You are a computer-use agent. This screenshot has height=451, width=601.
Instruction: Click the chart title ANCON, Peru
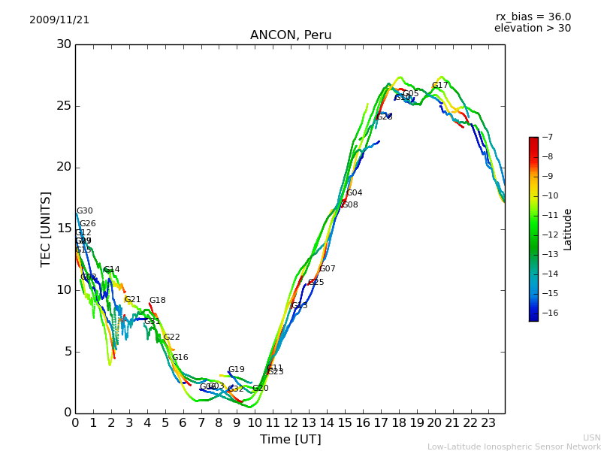(291, 35)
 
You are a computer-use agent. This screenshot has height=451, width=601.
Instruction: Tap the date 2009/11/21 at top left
(59, 20)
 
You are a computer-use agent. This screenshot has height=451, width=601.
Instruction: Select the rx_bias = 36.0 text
(533, 17)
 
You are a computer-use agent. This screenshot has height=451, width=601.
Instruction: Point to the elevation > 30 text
(532, 29)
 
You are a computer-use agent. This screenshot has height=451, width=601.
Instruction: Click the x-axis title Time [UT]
(290, 440)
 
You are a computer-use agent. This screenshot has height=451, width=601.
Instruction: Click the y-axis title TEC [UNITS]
(46, 229)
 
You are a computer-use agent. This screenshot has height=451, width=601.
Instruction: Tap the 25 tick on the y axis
(64, 106)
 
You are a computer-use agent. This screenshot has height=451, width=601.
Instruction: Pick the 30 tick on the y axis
(64, 44)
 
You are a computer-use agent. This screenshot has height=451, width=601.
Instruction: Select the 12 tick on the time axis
(291, 422)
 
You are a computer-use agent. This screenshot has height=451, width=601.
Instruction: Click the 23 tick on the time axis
(488, 422)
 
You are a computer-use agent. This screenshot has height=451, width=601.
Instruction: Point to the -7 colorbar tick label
(546, 138)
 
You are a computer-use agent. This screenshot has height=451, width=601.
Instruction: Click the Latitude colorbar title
(568, 229)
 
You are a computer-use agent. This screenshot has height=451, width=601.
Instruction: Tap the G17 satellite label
(439, 86)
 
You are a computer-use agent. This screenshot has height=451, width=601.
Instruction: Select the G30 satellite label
(85, 211)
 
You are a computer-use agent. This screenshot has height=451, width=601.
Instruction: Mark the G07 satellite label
(328, 269)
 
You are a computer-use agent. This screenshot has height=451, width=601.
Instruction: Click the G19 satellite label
(237, 370)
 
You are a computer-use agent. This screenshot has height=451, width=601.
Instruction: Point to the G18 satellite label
(157, 301)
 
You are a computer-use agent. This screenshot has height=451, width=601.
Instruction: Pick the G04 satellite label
(355, 193)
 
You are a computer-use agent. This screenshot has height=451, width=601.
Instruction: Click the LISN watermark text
(592, 437)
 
